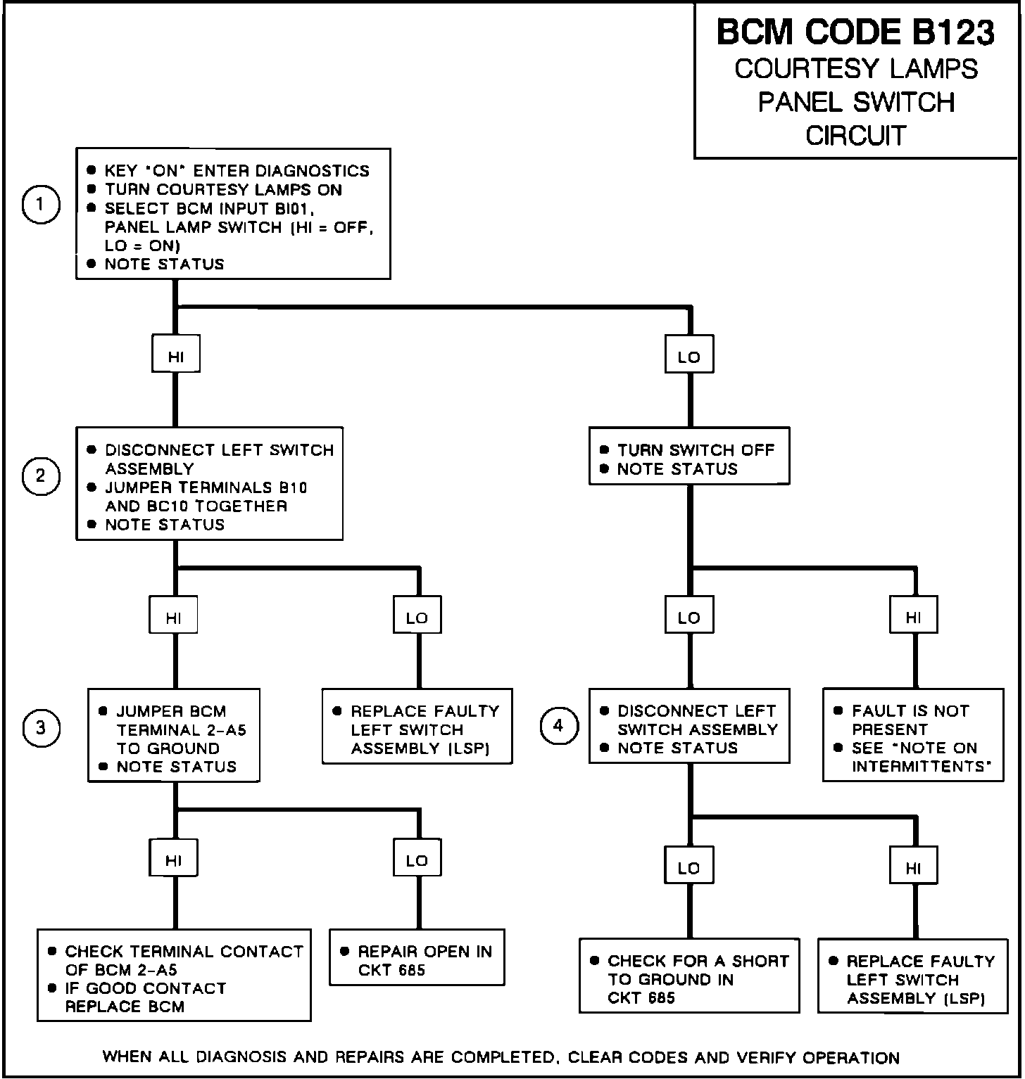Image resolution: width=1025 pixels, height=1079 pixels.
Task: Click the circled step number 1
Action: click(40, 204)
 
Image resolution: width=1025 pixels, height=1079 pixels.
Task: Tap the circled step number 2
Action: click(40, 476)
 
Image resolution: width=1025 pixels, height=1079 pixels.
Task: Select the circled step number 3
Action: click(40, 727)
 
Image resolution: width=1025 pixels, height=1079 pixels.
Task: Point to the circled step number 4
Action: click(558, 726)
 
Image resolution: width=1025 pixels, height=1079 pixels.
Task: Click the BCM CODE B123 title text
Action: click(855, 33)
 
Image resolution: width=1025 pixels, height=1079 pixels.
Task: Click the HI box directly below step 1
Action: click(176, 356)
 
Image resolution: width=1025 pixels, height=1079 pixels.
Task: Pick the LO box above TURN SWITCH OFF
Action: click(689, 357)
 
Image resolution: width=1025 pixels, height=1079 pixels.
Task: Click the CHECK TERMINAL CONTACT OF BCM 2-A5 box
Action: click(174, 978)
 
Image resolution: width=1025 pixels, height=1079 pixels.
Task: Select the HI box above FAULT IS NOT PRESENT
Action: click(913, 618)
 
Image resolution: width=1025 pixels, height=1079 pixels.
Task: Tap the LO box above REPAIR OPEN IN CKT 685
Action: click(417, 860)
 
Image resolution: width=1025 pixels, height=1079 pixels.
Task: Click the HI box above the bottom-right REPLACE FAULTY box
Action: click(913, 868)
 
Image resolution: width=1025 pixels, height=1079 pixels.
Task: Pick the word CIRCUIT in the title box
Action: click(855, 135)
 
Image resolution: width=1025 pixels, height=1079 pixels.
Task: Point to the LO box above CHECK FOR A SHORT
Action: click(689, 868)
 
